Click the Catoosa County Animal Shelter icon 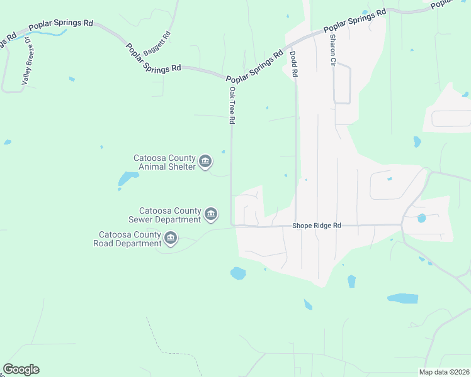pyautogui.click(x=205, y=162)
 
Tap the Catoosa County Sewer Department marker pyautogui.click(x=211, y=216)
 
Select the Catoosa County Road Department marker pyautogui.click(x=171, y=239)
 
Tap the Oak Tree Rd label pyautogui.click(x=232, y=105)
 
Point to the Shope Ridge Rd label pyautogui.click(x=317, y=226)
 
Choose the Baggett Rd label pyautogui.click(x=157, y=42)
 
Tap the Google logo pyautogui.click(x=21, y=369)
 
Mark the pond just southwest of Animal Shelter pyautogui.click(x=128, y=180)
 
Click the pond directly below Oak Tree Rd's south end pyautogui.click(x=238, y=273)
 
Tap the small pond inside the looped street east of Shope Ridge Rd pyautogui.click(x=421, y=219)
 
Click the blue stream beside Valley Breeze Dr pyautogui.click(x=47, y=33)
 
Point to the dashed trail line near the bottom pyautogui.click(x=157, y=339)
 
